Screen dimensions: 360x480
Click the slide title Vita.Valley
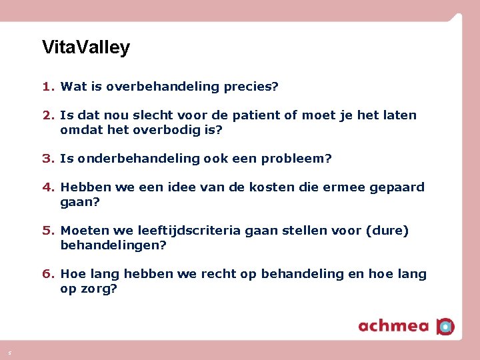pyautogui.click(x=85, y=47)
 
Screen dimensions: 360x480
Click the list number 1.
pyautogui.click(x=48, y=87)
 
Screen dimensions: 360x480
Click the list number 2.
pyautogui.click(x=48, y=115)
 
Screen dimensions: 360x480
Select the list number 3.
pyautogui.click(x=48, y=159)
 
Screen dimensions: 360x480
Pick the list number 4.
pyautogui.click(x=48, y=187)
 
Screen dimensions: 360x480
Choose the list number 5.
pyautogui.click(x=48, y=231)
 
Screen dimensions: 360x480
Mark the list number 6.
pyautogui.click(x=48, y=274)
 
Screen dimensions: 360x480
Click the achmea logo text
pyautogui.click(x=394, y=325)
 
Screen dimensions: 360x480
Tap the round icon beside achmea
pyautogui.click(x=445, y=326)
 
